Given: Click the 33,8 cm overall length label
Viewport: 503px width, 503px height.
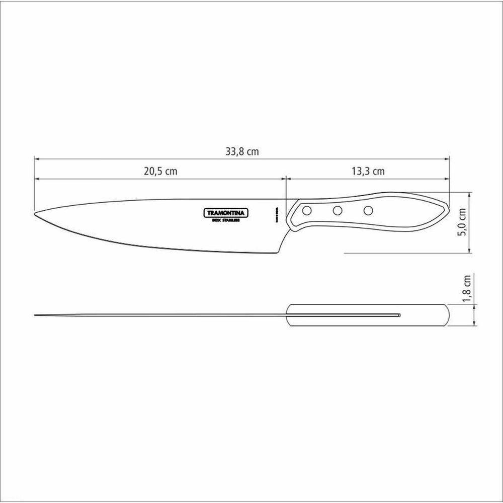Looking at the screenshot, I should [242, 151].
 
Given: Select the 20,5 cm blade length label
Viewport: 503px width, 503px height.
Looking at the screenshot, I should [160, 171].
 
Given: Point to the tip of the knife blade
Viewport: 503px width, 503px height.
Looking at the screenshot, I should [35, 215].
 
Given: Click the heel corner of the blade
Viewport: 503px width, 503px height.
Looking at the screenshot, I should [278, 253].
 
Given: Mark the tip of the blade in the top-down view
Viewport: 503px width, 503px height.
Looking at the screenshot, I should [35, 315].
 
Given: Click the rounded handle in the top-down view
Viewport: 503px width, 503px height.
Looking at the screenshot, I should [367, 315].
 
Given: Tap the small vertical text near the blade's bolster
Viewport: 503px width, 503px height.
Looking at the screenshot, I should [277, 214].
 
